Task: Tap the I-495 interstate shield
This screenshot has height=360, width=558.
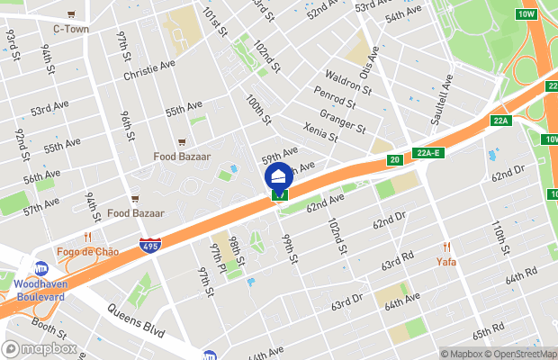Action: click(150, 246)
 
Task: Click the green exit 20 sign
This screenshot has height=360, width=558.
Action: click(394, 160)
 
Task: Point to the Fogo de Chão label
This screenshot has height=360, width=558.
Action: click(87, 251)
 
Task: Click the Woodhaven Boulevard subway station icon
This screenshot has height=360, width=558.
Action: click(41, 268)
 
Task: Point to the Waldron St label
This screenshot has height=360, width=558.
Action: click(346, 82)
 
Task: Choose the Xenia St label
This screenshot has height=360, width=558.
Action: click(319, 131)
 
